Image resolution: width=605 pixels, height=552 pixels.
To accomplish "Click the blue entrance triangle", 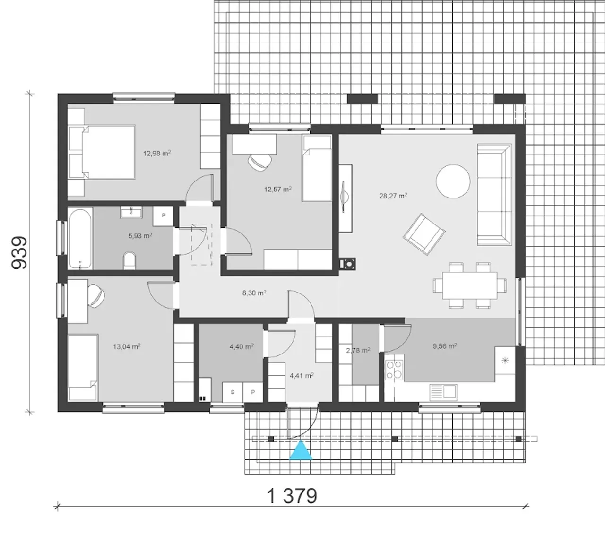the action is click(301, 450).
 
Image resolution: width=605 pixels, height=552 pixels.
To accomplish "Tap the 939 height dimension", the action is click(19, 252).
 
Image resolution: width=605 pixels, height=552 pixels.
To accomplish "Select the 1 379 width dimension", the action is click(292, 496).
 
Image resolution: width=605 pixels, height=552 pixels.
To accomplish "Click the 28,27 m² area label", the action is click(393, 196).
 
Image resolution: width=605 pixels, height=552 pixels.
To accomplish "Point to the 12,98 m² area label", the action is click(157, 153).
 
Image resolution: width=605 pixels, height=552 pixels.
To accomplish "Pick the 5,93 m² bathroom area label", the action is click(140, 235).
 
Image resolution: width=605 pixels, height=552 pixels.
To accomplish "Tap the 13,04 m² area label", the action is click(127, 346).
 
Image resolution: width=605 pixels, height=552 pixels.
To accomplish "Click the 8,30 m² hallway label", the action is click(254, 293).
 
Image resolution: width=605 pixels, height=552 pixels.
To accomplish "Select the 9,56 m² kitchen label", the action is click(445, 346).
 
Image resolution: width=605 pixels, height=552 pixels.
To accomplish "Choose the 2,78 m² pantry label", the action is click(358, 350).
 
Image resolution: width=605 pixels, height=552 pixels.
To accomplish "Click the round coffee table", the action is click(453, 181).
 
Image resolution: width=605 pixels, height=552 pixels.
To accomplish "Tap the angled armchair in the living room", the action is click(424, 234).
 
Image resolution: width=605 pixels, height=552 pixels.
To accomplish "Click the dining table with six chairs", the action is click(469, 285).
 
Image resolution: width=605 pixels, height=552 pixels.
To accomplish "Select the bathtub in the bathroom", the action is click(80, 239).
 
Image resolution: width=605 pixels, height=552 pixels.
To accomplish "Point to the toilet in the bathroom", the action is click(130, 260).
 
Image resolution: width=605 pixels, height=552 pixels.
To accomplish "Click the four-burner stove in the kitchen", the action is click(394, 370).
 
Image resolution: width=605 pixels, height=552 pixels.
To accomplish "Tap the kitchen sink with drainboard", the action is click(443, 391).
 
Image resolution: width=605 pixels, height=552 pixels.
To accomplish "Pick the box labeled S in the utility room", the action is click(233, 392).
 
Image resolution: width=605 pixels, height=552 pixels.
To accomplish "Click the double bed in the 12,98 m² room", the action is click(102, 152).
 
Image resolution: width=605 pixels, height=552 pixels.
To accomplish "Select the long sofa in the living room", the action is click(494, 195).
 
